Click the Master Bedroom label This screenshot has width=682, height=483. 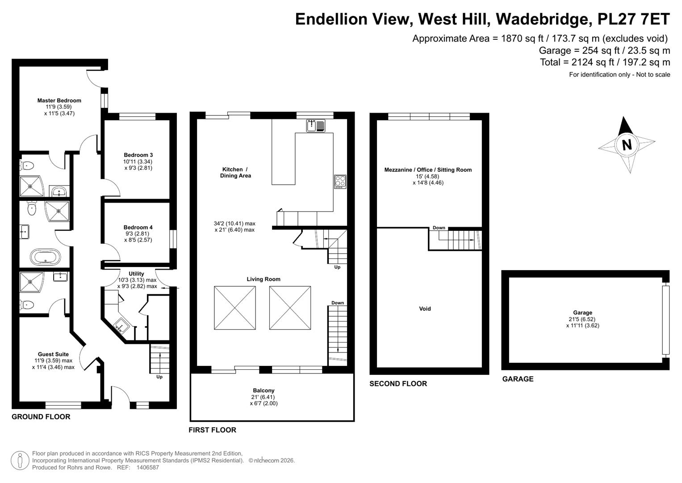(x=59, y=100)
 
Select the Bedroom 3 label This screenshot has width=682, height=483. (x=138, y=155)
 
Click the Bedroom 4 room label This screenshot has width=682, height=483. (x=138, y=227)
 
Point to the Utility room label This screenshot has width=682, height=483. (x=136, y=274)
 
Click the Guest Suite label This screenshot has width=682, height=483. (x=53, y=354)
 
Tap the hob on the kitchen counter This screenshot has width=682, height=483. (x=340, y=182)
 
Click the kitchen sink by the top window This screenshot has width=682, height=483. (x=316, y=126)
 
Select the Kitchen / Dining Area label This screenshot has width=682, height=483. (x=235, y=172)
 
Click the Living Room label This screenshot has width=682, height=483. (x=264, y=279)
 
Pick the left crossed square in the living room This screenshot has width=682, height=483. (x=235, y=308)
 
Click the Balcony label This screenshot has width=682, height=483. (x=264, y=390)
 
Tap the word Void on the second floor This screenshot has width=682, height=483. (x=425, y=309)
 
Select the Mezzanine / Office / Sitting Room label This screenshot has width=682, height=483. (x=428, y=170)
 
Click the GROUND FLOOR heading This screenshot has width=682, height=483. (x=41, y=416)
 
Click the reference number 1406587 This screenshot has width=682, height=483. (x=148, y=467)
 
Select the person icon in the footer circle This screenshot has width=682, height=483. (x=20, y=460)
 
